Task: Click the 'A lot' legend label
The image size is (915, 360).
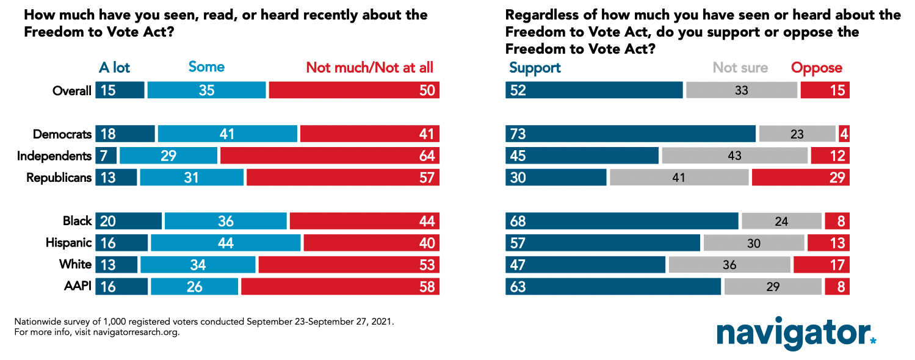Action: [114, 68]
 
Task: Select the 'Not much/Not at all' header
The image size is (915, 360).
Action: [369, 68]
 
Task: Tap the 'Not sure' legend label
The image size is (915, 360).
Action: [740, 68]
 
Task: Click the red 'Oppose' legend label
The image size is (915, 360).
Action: [817, 68]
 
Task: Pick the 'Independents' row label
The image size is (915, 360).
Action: [54, 156]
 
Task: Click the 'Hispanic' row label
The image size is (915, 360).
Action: [68, 243]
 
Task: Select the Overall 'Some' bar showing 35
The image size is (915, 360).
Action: [206, 90]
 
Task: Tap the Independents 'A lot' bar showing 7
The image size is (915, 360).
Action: [106, 156]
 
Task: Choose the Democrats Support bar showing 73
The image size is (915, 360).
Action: [630, 134]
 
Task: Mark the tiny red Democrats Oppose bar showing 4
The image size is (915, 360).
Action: [844, 134]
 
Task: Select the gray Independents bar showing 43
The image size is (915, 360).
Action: [734, 156]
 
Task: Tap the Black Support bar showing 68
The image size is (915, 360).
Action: [621, 221]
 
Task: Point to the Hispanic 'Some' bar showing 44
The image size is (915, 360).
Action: [225, 243]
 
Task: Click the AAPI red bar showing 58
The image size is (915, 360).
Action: [339, 287]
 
